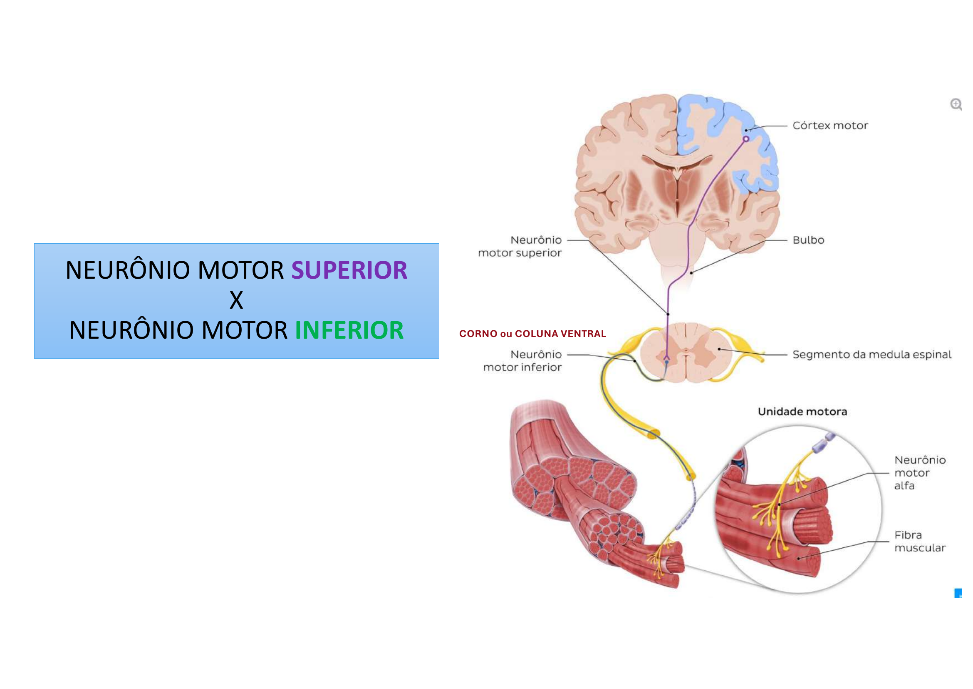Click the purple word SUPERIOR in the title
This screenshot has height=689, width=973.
(349, 270)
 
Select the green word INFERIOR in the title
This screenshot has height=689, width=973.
(349, 330)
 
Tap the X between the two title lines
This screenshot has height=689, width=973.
(236, 300)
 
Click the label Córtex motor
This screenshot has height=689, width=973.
(830, 125)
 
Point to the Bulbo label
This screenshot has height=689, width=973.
(808, 240)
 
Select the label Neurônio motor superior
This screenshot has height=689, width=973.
(520, 247)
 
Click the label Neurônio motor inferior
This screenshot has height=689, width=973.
(522, 361)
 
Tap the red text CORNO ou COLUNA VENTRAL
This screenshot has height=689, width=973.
(532, 334)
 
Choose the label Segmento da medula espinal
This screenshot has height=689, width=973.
(871, 354)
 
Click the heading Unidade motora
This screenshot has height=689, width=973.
(802, 412)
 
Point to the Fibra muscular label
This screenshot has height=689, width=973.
(919, 542)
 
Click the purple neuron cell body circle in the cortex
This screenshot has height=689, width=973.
(746, 139)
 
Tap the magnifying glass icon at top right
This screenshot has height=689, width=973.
(955, 104)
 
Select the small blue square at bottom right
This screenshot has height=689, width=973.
(958, 593)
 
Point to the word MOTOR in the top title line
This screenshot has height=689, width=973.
(241, 270)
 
